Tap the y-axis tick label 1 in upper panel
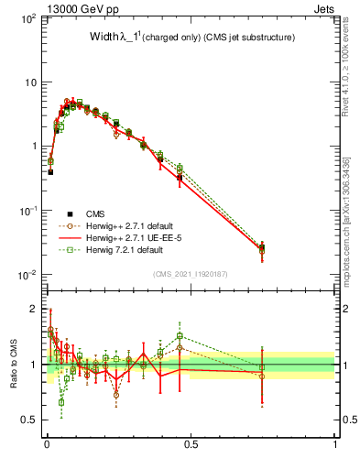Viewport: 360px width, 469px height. click(32, 147)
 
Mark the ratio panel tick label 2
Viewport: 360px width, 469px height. click(33, 309)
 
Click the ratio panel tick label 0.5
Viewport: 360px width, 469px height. click(28, 420)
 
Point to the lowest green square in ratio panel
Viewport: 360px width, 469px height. click(61, 402)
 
